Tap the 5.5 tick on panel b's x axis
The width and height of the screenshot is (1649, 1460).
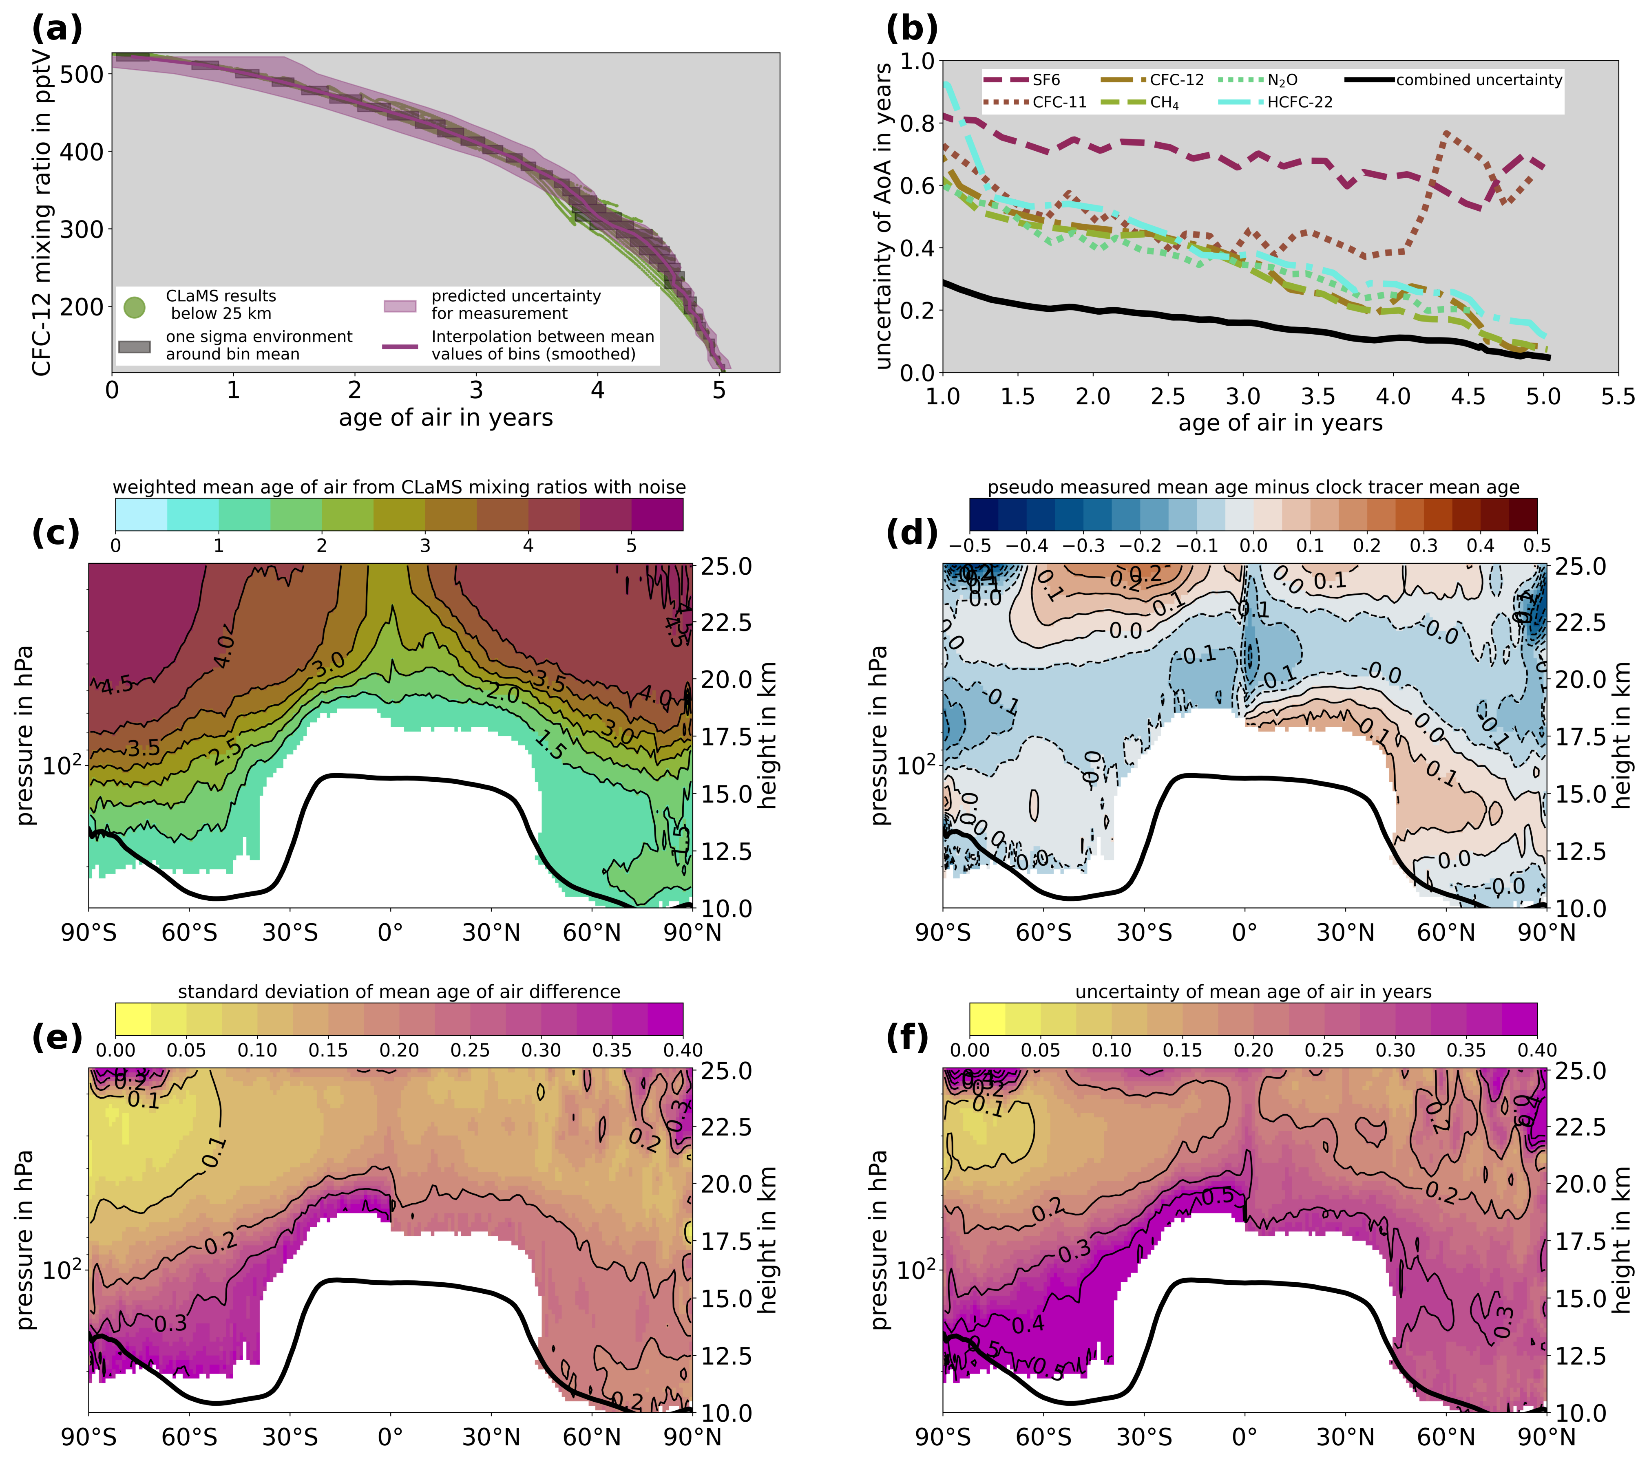[x=1618, y=396]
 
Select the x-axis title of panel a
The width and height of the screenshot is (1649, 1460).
[x=445, y=418]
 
